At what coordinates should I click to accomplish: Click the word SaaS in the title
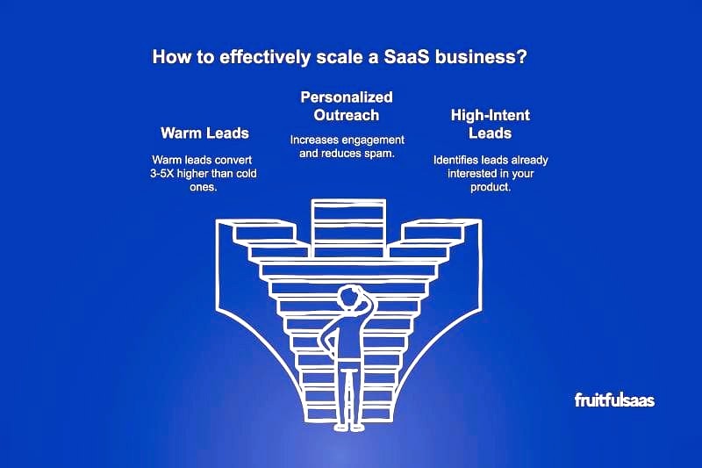pos(406,57)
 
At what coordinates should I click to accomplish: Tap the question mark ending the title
pos(522,57)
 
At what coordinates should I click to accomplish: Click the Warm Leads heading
pos(204,133)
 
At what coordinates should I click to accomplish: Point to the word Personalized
pos(347,97)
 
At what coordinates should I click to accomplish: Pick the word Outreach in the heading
pos(347,115)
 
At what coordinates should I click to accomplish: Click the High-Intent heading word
pos(491,116)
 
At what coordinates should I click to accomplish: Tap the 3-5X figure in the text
pos(162,174)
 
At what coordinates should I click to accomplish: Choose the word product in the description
pos(491,187)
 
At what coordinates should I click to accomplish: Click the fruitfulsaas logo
pos(614,400)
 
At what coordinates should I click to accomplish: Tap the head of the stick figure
pos(348,298)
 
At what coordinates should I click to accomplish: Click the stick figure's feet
pos(348,428)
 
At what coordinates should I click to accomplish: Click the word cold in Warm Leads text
pos(247,174)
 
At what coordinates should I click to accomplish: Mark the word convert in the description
pos(234,161)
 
